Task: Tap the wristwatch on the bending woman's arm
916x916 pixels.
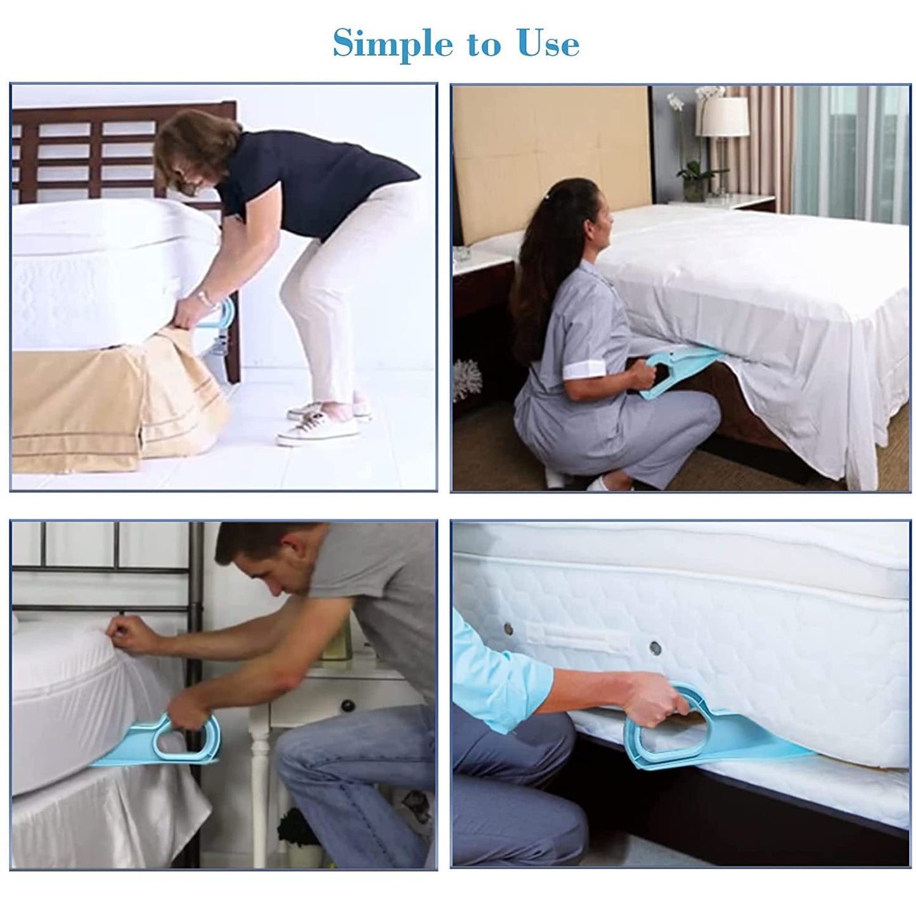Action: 202,296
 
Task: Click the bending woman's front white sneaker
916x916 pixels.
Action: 317,432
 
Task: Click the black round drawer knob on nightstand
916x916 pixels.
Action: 347,706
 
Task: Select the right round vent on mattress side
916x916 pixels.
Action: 654,649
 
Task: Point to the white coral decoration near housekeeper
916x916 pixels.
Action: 469,378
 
